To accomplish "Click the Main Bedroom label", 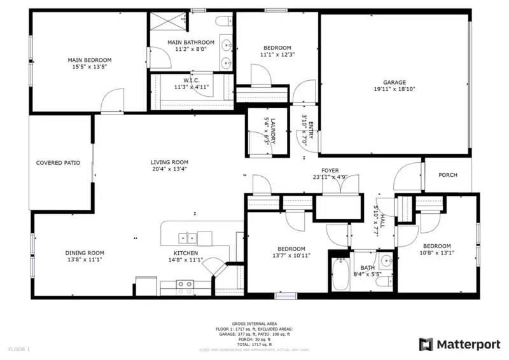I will (x=90, y=60).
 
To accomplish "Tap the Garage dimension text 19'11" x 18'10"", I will (x=394, y=90).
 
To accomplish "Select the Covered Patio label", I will (x=58, y=163).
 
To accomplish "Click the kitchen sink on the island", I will (x=187, y=239).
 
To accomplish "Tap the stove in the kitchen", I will (x=185, y=286).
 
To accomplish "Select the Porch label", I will (x=449, y=175).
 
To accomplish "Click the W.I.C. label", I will (x=192, y=80).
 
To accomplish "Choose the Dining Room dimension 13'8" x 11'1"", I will (x=85, y=260).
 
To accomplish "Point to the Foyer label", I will (x=330, y=170).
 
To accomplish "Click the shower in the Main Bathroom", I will (x=167, y=20).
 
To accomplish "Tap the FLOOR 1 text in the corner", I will (x=19, y=349).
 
